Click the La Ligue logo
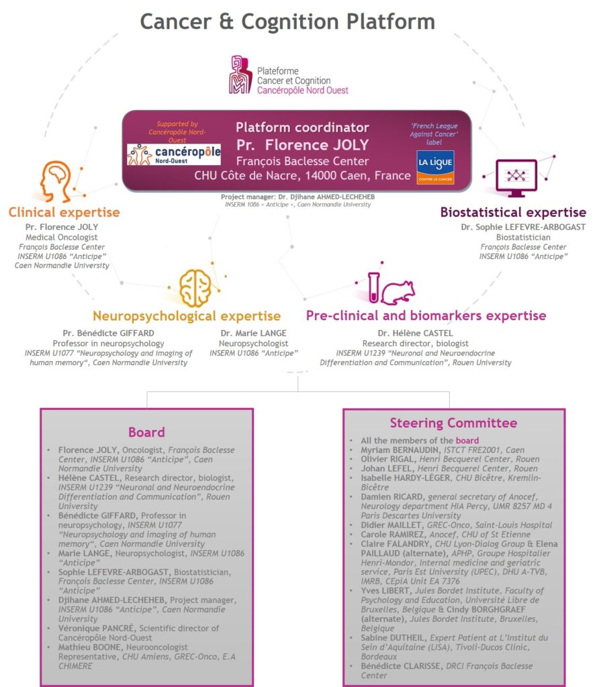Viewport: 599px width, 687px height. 435,167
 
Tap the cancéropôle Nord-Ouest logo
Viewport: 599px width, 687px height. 174,154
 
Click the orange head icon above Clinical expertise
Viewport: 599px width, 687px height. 56,181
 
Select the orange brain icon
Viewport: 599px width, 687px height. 195,287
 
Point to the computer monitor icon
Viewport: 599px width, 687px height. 516,178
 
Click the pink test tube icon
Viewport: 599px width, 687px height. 373,287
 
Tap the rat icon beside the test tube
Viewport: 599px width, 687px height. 398,293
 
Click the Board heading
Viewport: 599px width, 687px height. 146,432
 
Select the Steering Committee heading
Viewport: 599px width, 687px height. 453,423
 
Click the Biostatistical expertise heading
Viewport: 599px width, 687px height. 513,213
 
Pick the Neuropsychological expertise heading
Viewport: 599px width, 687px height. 187,316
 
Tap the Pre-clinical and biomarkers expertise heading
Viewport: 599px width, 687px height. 426,315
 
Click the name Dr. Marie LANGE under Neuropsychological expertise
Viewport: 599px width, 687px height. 253,333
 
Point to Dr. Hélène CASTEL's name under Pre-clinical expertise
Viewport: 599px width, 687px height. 415,333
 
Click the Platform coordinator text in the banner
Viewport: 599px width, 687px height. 302,127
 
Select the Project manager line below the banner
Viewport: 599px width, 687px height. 297,197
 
